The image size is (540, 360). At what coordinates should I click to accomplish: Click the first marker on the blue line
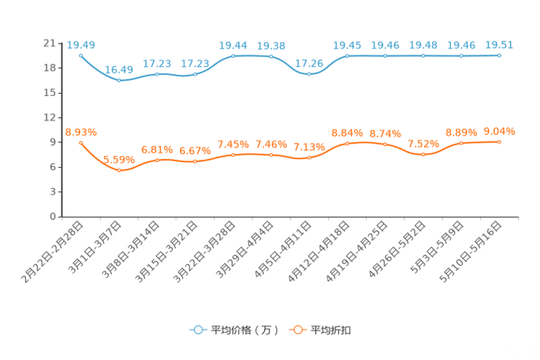81,55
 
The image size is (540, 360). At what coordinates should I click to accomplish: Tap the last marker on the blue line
499,55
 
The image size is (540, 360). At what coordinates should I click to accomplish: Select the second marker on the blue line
119,80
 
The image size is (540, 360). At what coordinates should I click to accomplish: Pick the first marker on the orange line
81,142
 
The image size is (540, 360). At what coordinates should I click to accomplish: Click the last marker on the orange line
499,142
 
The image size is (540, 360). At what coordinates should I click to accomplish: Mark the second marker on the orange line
119,170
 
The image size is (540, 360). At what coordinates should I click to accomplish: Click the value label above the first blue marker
80,44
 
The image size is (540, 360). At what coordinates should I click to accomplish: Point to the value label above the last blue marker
499,44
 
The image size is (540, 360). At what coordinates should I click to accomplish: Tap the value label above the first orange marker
81,131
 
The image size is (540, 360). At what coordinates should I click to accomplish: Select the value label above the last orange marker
499,131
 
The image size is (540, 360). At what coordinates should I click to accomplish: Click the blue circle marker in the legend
197,330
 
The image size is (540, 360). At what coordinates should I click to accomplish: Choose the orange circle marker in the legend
297,330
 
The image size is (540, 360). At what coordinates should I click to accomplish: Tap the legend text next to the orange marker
331,330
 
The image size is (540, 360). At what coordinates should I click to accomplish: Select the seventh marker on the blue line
309,73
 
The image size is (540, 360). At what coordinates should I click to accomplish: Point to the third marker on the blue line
157,74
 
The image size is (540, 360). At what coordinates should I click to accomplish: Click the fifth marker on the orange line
233,155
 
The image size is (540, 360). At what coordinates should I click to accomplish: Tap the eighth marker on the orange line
348,143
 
